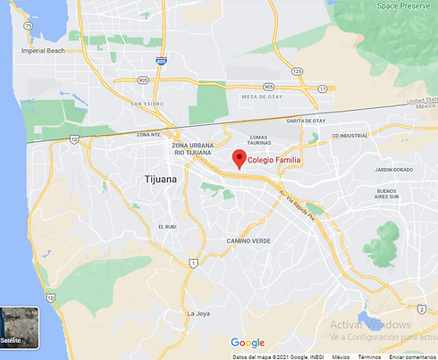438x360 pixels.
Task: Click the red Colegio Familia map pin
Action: point(239,159)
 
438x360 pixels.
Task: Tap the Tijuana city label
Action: point(161,180)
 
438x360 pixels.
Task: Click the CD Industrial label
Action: point(350,136)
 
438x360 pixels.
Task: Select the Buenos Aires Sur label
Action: point(387,195)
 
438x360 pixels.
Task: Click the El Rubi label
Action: point(168,226)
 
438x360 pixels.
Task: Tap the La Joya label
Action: point(198,314)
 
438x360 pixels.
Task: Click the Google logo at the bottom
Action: point(248,343)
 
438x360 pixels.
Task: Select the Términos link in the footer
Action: point(368,356)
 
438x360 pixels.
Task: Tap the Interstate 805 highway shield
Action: point(161,61)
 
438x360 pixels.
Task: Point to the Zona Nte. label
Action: point(148,134)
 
